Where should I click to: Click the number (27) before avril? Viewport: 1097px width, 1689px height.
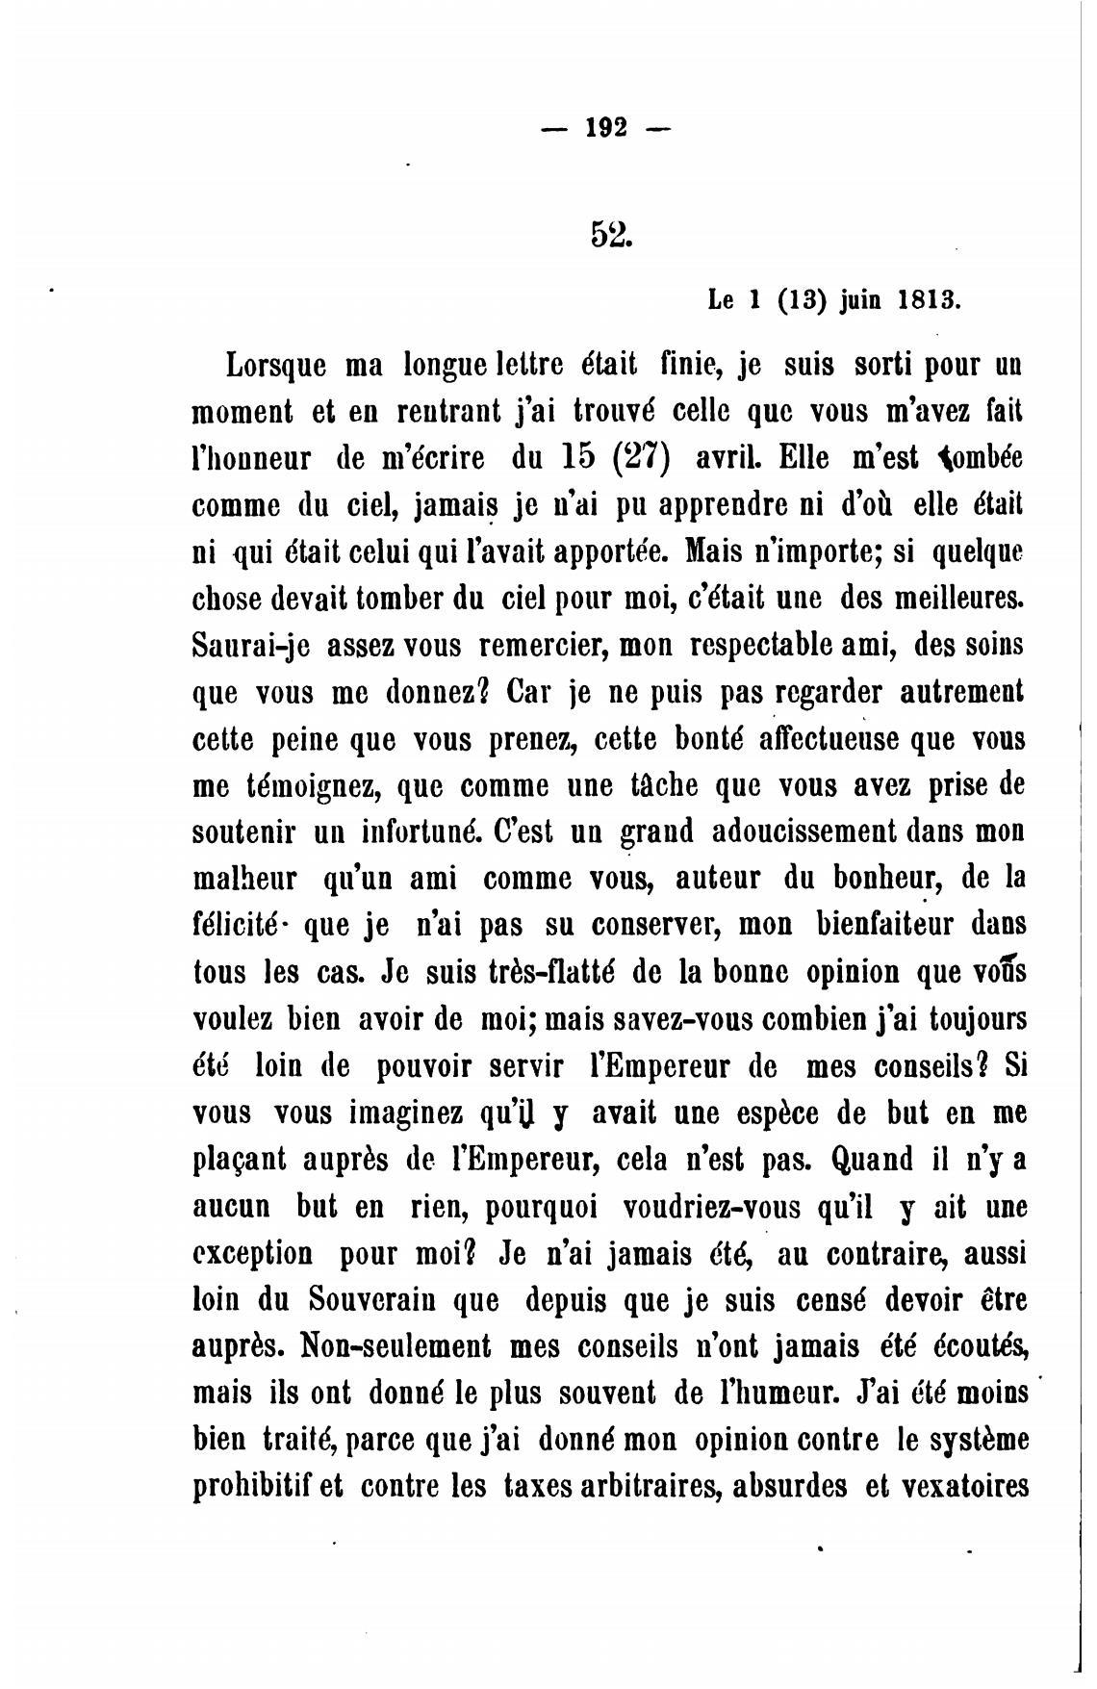[x=642, y=455]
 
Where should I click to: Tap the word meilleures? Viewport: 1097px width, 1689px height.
[x=948, y=599]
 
